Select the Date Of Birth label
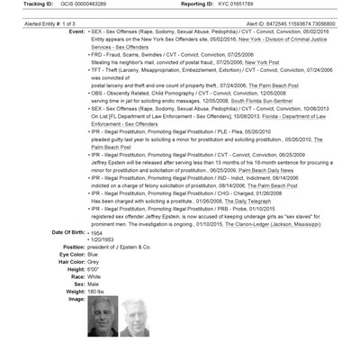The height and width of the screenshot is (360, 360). [x=65, y=231]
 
